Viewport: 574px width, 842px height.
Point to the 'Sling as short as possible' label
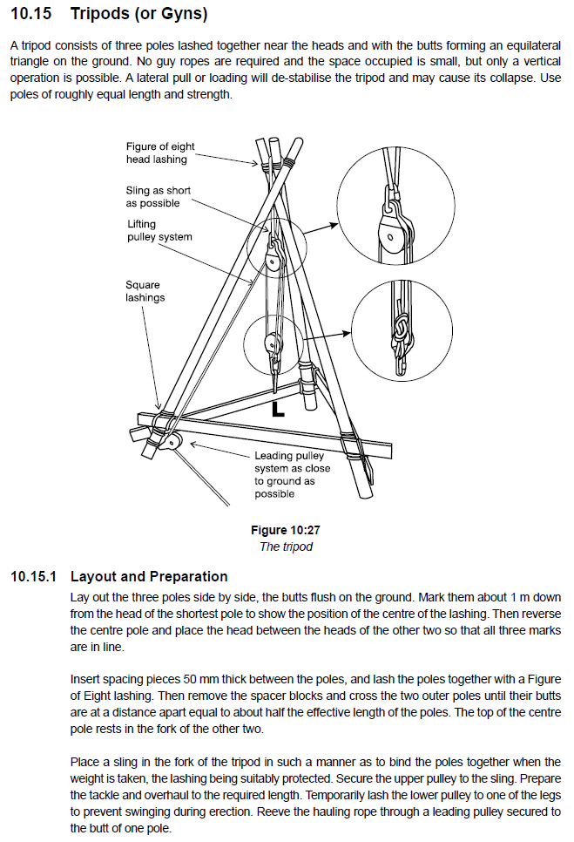tap(158, 196)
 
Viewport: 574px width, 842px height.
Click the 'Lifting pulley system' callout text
tap(159, 230)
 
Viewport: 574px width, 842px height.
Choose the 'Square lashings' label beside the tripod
tap(143, 290)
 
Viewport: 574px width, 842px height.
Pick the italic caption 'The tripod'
tap(286, 547)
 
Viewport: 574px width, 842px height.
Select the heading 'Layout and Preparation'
tap(148, 576)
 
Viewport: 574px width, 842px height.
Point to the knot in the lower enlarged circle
tap(402, 329)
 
